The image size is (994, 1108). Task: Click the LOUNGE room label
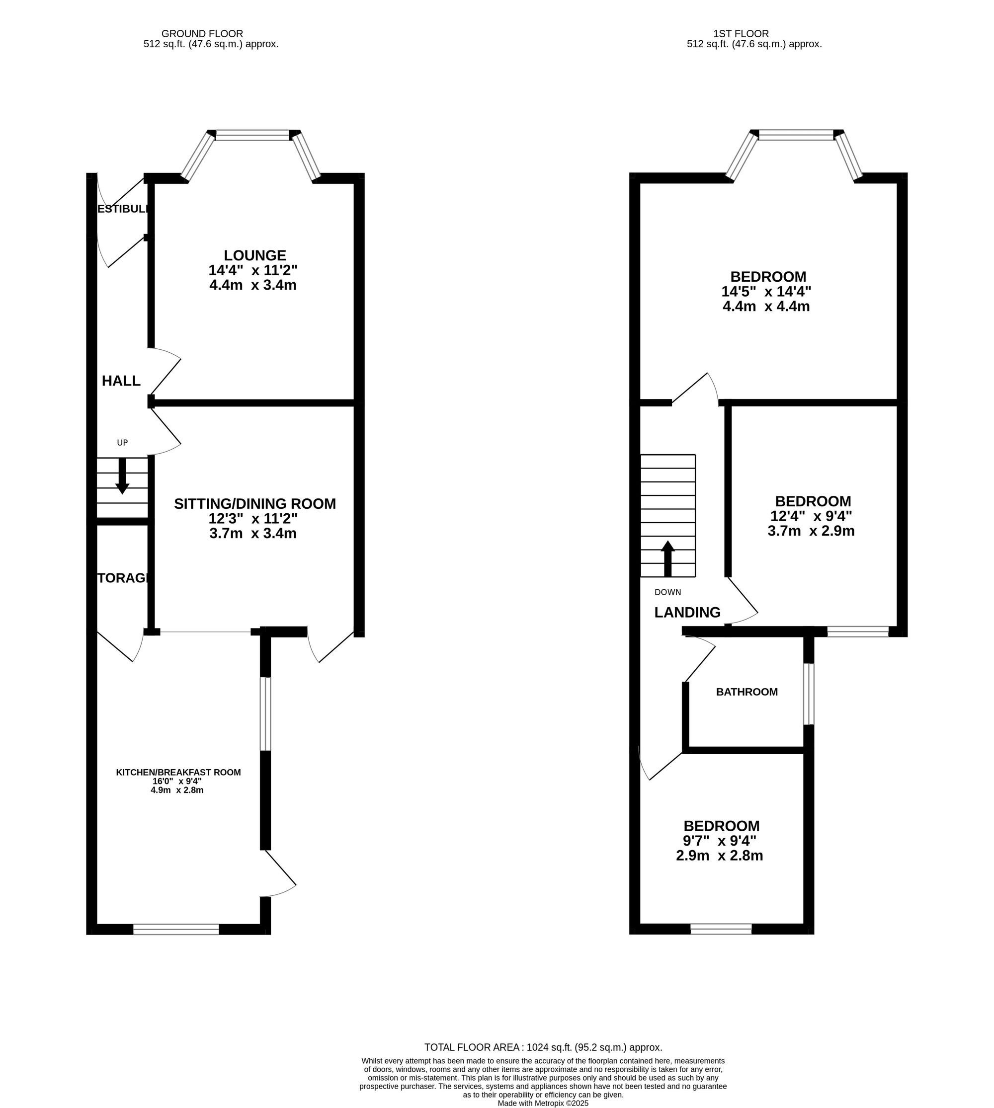click(254, 255)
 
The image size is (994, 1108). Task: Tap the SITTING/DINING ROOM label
click(254, 503)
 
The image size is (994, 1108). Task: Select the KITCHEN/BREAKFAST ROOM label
click(178, 772)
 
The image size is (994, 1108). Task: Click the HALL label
click(121, 381)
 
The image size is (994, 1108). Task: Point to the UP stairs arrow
click(122, 475)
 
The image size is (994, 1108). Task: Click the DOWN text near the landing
click(667, 592)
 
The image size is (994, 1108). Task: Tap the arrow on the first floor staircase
click(667, 558)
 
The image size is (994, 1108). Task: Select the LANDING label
click(687, 612)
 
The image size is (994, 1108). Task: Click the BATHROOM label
click(746, 692)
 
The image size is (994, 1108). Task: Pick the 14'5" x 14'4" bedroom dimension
click(766, 292)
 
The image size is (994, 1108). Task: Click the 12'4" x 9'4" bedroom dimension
click(811, 516)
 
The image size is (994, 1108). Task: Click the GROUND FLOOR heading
click(202, 34)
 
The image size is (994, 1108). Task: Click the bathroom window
click(809, 694)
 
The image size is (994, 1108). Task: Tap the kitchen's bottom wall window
click(176, 929)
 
